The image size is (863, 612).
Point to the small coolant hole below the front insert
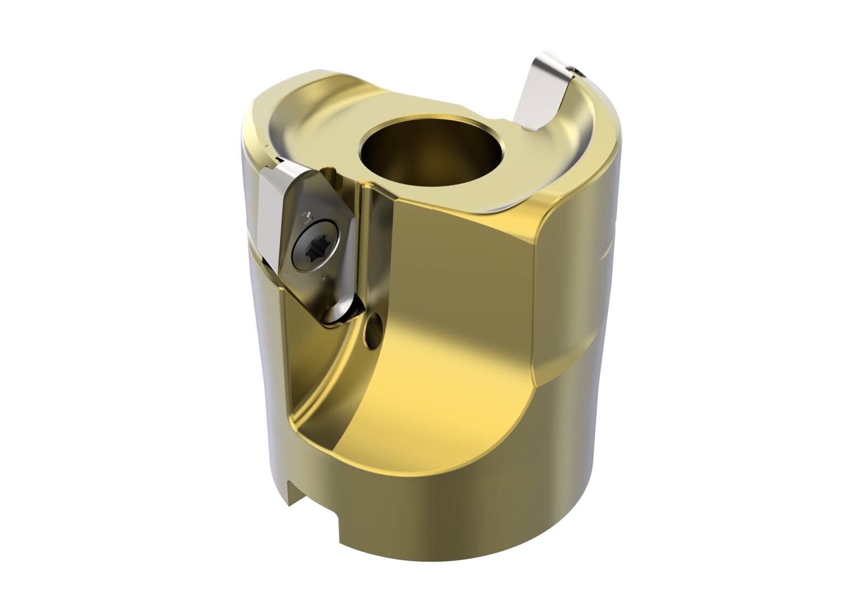click(374, 325)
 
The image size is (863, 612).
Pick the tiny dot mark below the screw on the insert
click(325, 278)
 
